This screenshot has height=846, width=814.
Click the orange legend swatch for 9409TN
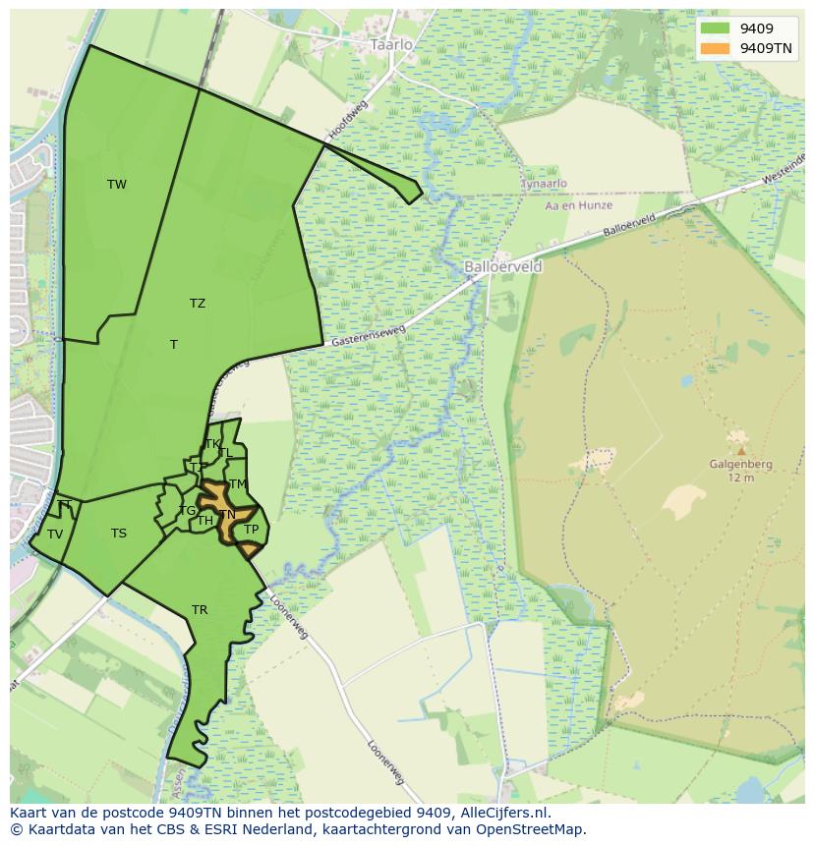click(x=716, y=48)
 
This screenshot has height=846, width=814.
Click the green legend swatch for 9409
click(x=716, y=28)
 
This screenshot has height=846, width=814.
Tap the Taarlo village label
click(x=391, y=44)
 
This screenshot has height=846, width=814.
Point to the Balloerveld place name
click(x=502, y=266)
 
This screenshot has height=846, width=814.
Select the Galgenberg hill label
click(x=740, y=465)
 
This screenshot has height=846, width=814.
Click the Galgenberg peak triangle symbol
click(x=740, y=451)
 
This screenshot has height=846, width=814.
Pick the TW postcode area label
click(x=117, y=185)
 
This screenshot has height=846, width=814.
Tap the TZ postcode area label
click(x=198, y=304)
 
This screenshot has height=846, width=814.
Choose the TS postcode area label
click(x=119, y=534)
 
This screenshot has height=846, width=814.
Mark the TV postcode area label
click(x=55, y=535)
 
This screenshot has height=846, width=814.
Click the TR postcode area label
click(x=200, y=610)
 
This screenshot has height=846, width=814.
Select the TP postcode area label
click(x=251, y=530)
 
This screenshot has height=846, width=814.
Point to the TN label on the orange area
click(x=227, y=515)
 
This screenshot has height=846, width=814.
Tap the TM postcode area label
click(x=238, y=484)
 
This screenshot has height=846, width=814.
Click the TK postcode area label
click(x=212, y=444)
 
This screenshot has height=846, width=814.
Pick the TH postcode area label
click(x=204, y=521)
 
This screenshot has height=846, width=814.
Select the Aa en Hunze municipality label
click(x=579, y=205)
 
